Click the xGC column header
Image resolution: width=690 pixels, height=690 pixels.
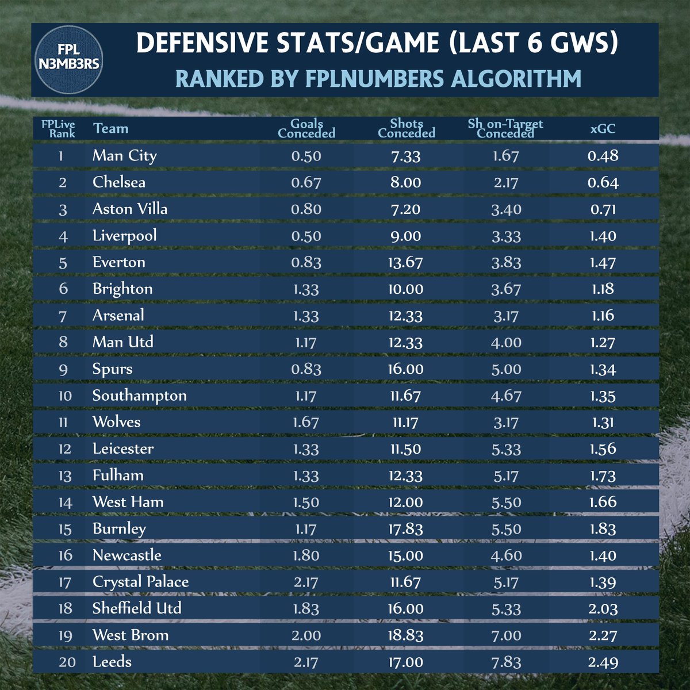603,128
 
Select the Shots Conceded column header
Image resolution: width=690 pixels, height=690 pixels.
407,128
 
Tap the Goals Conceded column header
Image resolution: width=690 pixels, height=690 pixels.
306,128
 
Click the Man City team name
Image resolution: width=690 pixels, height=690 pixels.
124,156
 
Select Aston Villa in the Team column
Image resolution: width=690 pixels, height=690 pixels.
130,209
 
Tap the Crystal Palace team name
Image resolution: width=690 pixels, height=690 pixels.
140,582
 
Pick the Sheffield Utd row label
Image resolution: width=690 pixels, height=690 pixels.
137,608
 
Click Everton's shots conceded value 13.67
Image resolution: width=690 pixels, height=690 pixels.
405,263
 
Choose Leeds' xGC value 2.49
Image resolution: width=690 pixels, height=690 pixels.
603,662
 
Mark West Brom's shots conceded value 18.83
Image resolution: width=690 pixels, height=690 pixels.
405,635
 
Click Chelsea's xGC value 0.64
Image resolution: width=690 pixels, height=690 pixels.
603,183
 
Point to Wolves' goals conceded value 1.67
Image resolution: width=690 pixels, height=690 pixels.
306,423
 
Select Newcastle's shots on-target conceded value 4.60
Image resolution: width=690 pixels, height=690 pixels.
506,556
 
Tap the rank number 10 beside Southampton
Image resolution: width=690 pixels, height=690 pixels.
65,396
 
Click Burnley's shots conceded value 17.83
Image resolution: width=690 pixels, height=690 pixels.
405,529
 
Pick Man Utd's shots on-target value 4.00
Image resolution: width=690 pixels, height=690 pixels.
506,343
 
